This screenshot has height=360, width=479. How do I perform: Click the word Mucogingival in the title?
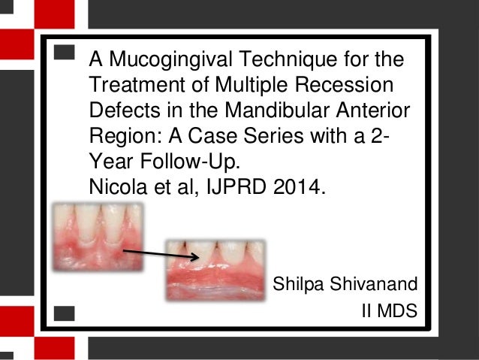tap(163, 59)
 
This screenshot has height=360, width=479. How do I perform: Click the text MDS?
tap(397, 310)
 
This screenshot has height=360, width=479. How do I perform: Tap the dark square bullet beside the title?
tap(65, 53)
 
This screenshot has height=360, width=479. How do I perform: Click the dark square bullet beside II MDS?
tap(65, 310)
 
